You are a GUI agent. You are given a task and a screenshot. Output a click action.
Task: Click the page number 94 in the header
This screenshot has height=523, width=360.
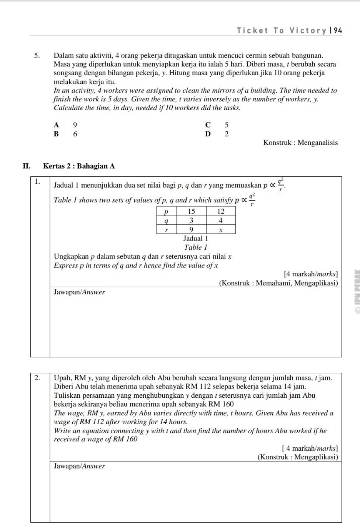338,31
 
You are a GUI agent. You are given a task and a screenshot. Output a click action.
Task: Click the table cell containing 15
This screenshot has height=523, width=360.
191,211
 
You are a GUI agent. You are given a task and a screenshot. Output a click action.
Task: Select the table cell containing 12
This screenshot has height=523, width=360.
221,211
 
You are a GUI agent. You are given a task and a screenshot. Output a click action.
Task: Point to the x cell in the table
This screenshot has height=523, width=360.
221,230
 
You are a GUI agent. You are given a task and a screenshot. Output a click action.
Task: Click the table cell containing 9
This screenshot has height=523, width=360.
191,230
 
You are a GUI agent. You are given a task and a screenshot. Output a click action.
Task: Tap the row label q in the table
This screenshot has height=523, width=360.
166,221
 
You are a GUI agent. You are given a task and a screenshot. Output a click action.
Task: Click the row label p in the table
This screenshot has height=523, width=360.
166,211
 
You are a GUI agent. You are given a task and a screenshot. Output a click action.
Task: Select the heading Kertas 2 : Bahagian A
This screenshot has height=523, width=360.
79,166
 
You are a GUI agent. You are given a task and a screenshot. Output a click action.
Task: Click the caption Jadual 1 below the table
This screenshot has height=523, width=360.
195,239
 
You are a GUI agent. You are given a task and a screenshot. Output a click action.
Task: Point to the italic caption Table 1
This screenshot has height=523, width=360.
195,247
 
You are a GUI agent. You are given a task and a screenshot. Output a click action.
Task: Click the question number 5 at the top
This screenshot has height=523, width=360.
37,56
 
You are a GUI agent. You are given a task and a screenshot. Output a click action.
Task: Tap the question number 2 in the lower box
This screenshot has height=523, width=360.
37,378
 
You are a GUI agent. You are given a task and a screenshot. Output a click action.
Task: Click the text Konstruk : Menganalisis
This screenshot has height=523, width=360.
300,143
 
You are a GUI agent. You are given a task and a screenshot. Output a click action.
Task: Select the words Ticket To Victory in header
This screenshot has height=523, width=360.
281,31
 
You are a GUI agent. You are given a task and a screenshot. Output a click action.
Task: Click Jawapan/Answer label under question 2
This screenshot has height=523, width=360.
79,466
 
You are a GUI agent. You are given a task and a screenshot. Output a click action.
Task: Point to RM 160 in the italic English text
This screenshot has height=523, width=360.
125,439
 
